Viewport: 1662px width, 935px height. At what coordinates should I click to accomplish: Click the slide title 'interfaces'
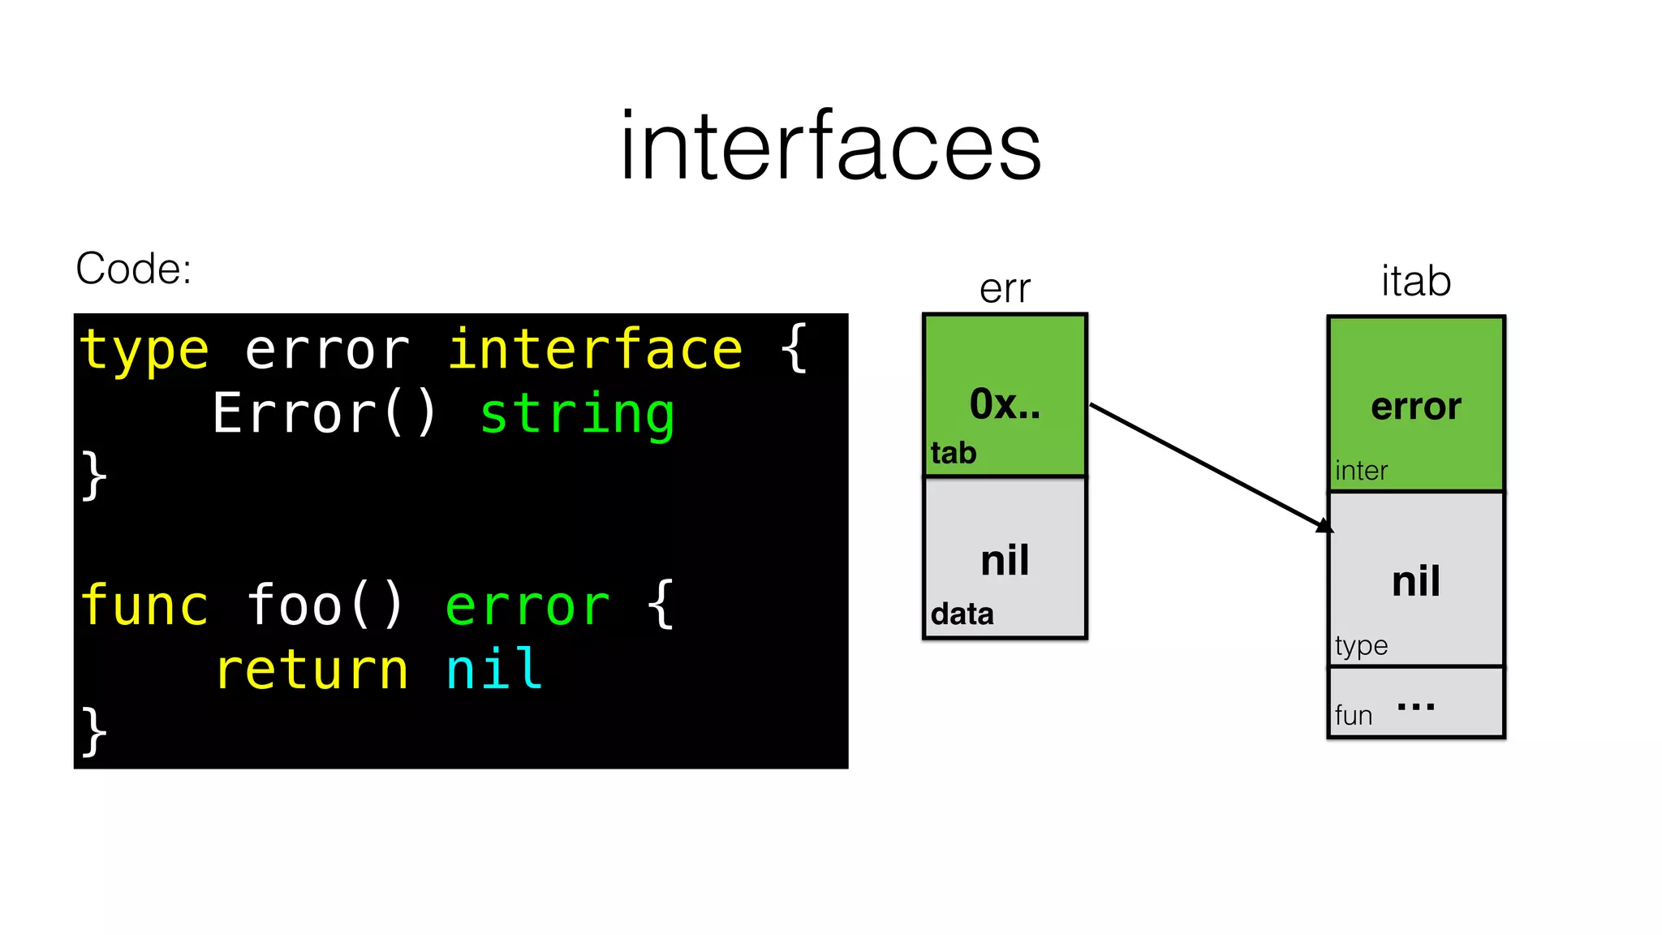click(830, 146)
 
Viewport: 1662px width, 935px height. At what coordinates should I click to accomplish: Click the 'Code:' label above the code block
click(134, 269)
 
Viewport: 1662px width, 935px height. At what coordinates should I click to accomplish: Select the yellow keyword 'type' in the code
click(144, 351)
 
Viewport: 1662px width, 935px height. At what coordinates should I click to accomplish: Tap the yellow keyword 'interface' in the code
click(595, 351)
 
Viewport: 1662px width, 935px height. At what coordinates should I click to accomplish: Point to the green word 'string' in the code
click(577, 414)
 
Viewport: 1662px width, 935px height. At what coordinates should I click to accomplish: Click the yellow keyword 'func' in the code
click(144, 605)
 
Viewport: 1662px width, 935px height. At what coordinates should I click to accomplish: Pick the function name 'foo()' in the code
click(325, 605)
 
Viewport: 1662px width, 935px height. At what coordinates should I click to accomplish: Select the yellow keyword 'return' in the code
click(312, 670)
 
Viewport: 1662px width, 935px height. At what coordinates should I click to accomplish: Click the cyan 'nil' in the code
click(494, 670)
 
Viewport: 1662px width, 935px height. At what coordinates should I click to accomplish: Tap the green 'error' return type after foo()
click(527, 605)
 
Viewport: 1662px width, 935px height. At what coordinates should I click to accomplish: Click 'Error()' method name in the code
click(325, 414)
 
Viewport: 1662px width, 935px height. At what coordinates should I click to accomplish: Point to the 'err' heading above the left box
click(1005, 289)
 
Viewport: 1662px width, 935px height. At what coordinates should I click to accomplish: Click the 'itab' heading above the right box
click(1416, 282)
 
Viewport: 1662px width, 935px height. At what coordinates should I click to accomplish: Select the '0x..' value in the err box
click(1005, 403)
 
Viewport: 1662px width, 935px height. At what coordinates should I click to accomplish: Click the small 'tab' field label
click(954, 453)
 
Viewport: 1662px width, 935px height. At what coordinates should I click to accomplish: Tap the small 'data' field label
click(962, 614)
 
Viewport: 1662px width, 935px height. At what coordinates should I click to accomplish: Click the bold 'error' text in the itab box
click(1416, 407)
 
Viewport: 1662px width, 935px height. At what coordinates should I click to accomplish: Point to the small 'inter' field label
click(1361, 471)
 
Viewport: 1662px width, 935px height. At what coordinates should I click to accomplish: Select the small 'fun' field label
click(1354, 716)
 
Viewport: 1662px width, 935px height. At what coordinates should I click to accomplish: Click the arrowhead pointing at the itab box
click(1325, 526)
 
